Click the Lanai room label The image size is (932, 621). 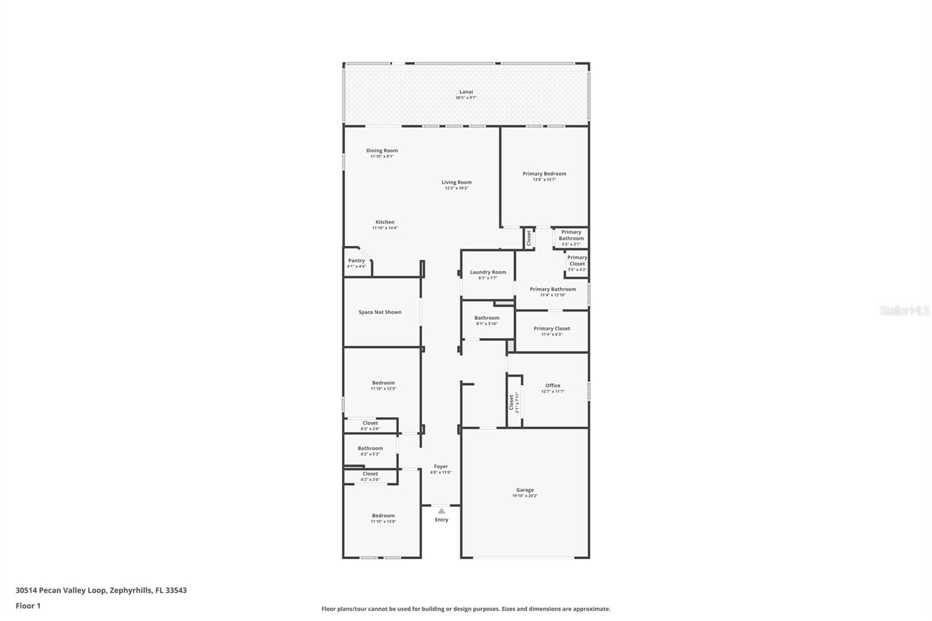466,91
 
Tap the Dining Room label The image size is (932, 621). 382,150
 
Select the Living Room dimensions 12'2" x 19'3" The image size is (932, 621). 456,188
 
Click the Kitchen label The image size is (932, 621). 384,222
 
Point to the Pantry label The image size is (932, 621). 356,260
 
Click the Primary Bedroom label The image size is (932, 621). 544,174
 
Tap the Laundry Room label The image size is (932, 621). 488,272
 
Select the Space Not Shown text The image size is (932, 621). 380,312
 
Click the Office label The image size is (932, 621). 553,385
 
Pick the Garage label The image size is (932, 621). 524,490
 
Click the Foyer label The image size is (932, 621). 441,466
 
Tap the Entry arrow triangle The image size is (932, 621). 441,511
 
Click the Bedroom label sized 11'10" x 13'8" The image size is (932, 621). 383,516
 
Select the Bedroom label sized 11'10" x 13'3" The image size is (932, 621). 383,383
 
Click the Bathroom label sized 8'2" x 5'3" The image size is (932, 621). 370,448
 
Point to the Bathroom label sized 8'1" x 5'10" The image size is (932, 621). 486,317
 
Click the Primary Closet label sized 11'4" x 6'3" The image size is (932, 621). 552,329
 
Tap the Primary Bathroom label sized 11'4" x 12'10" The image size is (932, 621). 553,289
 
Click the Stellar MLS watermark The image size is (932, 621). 904,310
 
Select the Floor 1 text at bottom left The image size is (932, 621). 28,606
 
